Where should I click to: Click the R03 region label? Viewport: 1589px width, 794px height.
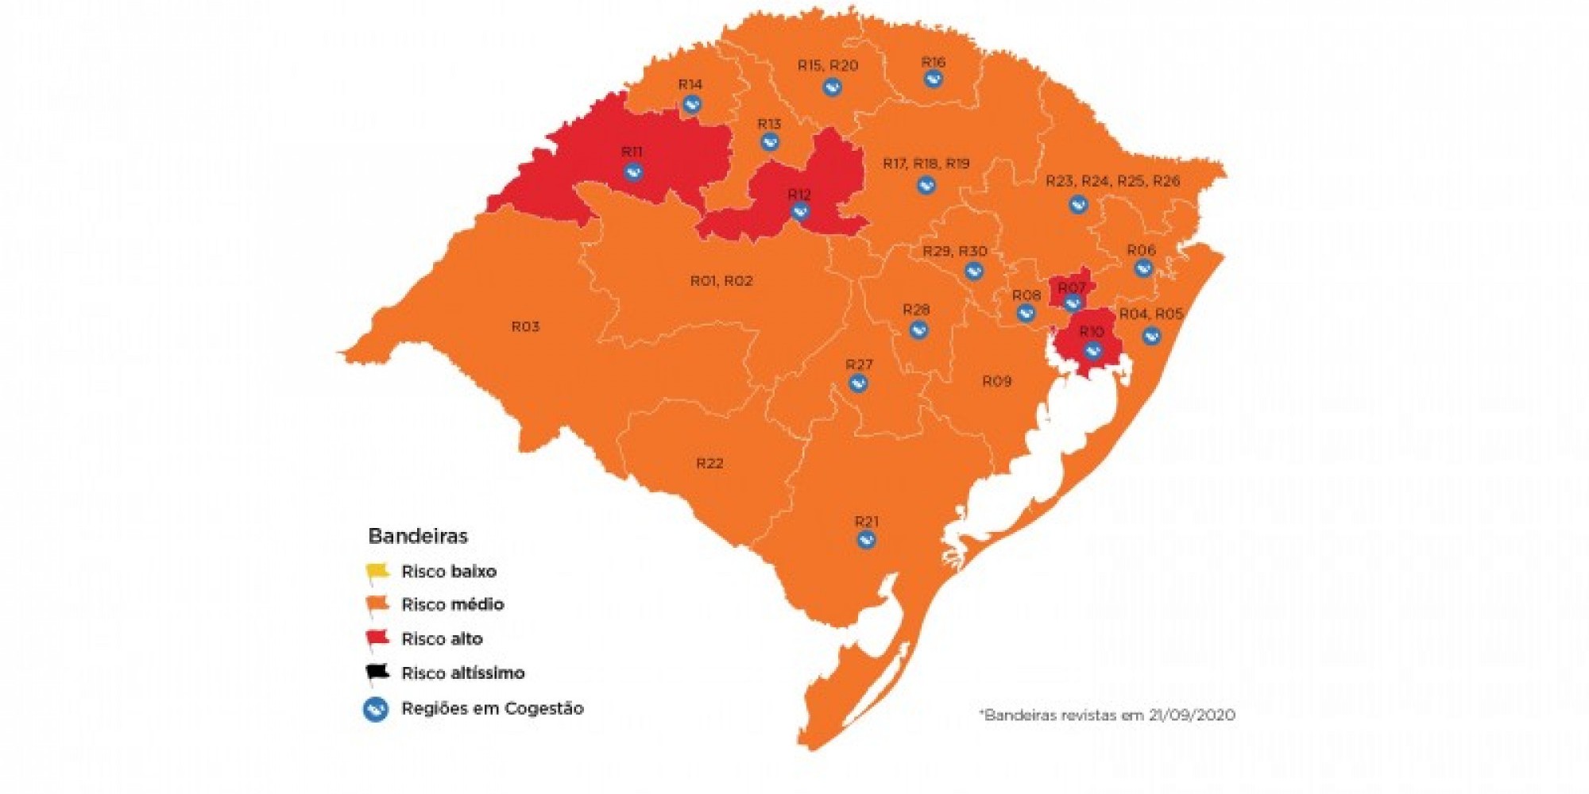pos(525,326)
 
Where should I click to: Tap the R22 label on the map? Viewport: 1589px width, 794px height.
pos(709,463)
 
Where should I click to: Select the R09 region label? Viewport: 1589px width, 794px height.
pos(996,381)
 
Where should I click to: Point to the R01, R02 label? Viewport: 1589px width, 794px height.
pos(721,280)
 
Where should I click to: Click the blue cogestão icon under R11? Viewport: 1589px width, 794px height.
pos(633,172)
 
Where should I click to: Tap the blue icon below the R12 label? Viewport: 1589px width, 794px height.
pos(800,212)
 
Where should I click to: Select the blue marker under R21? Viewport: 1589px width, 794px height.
pos(866,540)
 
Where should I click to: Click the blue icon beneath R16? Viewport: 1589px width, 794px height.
pos(934,79)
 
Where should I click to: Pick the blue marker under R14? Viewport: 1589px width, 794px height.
pos(692,104)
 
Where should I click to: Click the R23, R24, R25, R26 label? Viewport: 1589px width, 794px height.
pos(1112,181)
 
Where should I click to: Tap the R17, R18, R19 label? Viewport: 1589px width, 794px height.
pos(926,164)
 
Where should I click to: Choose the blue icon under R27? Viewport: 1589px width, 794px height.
pos(858,384)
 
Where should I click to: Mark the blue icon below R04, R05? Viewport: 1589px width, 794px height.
pos(1151,336)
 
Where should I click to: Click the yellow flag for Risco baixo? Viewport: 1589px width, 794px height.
pos(377,571)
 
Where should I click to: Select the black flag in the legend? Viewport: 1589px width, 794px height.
pos(377,673)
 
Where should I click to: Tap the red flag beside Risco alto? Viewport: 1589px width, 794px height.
pos(377,638)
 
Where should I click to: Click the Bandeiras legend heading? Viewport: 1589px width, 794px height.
pos(418,536)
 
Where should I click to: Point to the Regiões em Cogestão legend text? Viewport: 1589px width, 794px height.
pos(492,708)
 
